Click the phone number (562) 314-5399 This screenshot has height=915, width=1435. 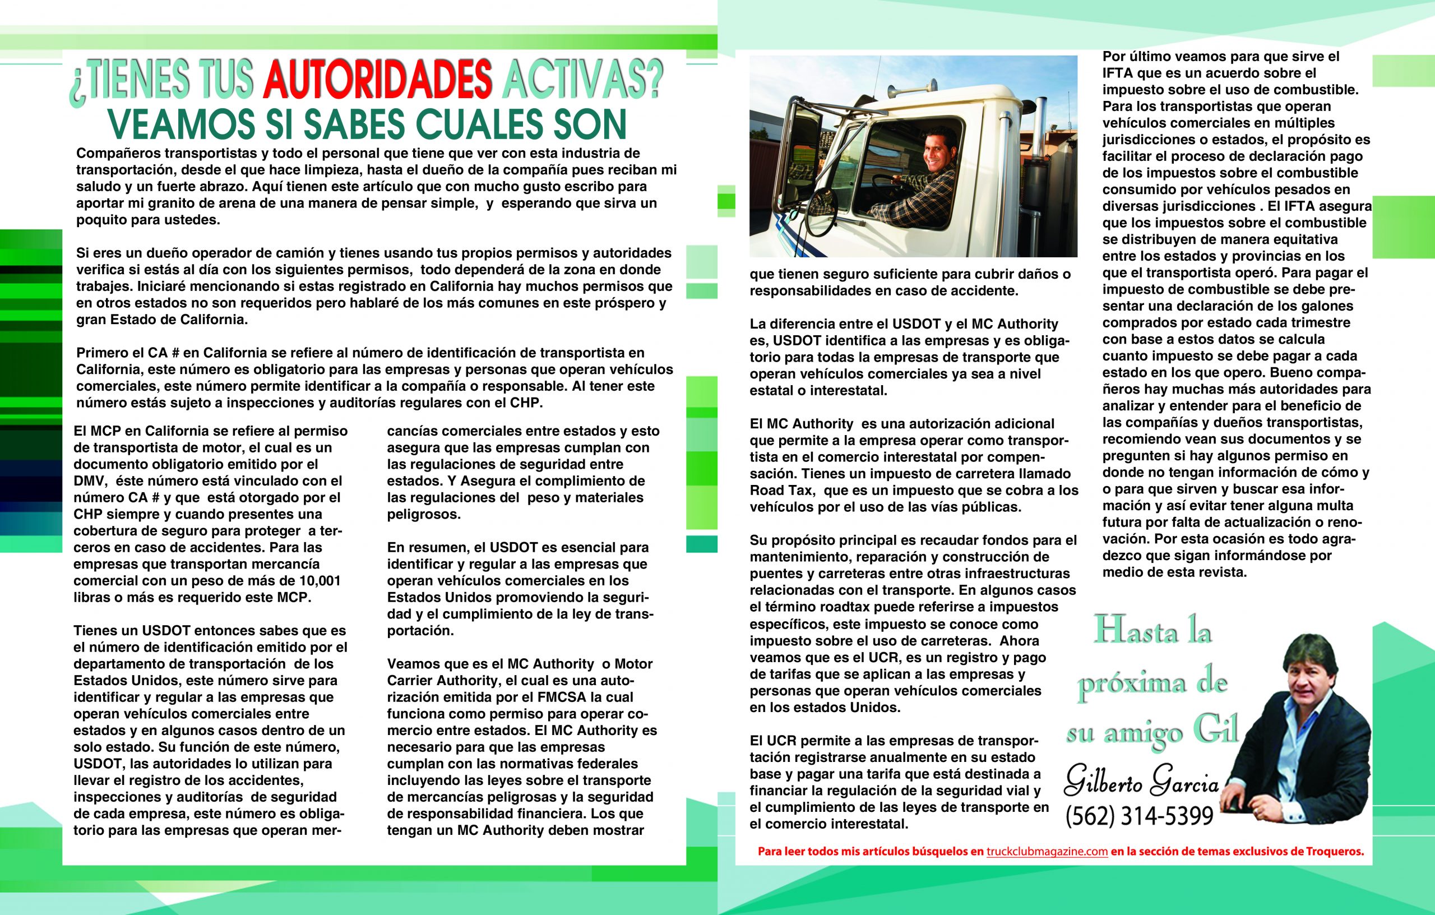point(1139,815)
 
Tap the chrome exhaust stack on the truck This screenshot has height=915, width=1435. point(1039,128)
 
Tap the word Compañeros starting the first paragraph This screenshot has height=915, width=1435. point(115,153)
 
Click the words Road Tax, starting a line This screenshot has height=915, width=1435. point(776,491)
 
